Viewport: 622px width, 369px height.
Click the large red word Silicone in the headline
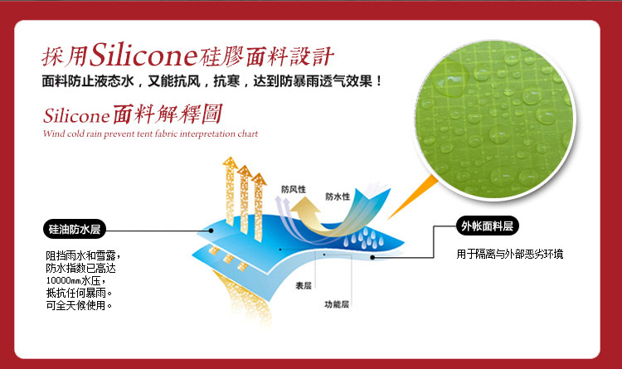pos(143,56)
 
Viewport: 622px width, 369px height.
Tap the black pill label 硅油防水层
pos(75,229)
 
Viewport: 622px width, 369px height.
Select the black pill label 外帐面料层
pos(487,226)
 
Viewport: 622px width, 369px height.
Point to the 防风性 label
pos(294,189)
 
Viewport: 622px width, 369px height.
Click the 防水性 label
pos(338,197)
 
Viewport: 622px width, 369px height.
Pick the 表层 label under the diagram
pos(303,285)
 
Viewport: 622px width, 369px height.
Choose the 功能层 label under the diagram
pos(337,304)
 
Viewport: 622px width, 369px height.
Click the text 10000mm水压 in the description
pos(73,280)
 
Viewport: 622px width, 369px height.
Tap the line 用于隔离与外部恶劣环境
pos(510,254)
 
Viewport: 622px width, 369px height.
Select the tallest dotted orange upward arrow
pos(230,192)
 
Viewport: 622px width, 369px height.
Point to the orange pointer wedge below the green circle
pos(412,197)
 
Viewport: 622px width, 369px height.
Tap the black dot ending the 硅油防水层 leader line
pos(211,231)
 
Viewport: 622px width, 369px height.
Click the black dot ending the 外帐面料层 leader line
pos(372,258)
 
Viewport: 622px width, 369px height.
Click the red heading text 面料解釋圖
pos(168,114)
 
